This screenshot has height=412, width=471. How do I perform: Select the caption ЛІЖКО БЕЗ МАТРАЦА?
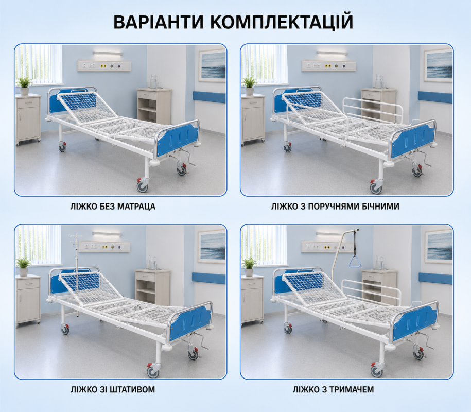pos(113,207)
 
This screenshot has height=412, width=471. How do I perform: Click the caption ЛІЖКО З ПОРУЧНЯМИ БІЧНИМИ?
pos(335,207)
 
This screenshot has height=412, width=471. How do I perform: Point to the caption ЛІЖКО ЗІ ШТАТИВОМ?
pos(113,389)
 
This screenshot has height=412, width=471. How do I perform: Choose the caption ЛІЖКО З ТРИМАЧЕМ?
pos(334,389)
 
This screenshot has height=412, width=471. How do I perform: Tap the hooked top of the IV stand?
pos(75,236)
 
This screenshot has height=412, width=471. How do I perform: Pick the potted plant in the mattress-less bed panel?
pos(24,85)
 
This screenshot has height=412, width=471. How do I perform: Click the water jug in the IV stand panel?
pos(152,263)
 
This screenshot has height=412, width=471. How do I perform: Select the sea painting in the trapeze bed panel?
pos(439,246)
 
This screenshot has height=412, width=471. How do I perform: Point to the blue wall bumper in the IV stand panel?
pos(209,278)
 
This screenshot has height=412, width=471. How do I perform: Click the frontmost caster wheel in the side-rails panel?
pos(376,187)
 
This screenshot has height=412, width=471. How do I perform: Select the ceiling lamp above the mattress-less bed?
pos(108,54)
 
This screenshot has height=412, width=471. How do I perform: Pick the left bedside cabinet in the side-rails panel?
pos(253,118)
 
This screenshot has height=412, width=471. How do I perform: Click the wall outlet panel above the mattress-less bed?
pos(104,65)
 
